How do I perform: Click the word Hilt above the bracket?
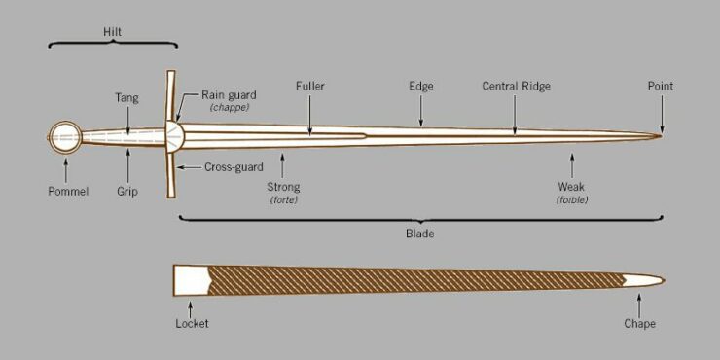click(113, 32)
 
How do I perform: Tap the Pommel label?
click(67, 192)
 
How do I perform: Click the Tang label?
click(126, 97)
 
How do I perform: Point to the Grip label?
click(126, 192)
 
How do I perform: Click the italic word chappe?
click(230, 107)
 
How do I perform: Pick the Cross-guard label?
click(234, 167)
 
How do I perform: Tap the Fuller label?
click(309, 86)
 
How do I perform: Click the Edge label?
click(420, 86)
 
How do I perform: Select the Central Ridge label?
click(516, 86)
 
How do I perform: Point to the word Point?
click(661, 86)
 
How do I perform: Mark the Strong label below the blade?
click(283, 187)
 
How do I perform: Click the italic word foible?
click(572, 200)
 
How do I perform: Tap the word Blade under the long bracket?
click(419, 234)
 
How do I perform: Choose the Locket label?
click(192, 324)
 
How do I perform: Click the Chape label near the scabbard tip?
click(639, 324)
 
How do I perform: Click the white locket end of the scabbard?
click(191, 279)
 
